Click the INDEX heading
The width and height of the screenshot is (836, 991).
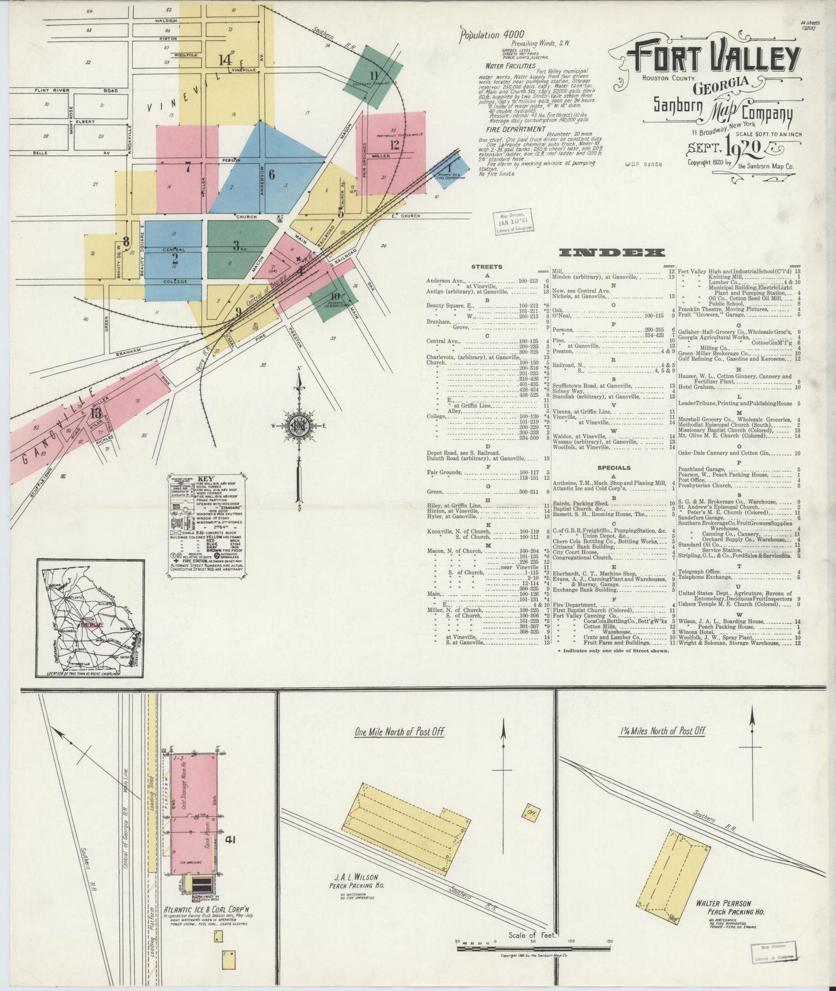(x=612, y=253)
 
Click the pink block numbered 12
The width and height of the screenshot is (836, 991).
(x=392, y=151)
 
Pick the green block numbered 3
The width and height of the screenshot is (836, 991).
(x=237, y=246)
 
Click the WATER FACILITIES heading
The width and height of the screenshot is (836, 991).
(x=511, y=66)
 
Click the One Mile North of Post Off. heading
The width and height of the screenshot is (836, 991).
(x=399, y=731)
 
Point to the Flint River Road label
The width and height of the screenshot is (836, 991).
(x=76, y=90)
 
